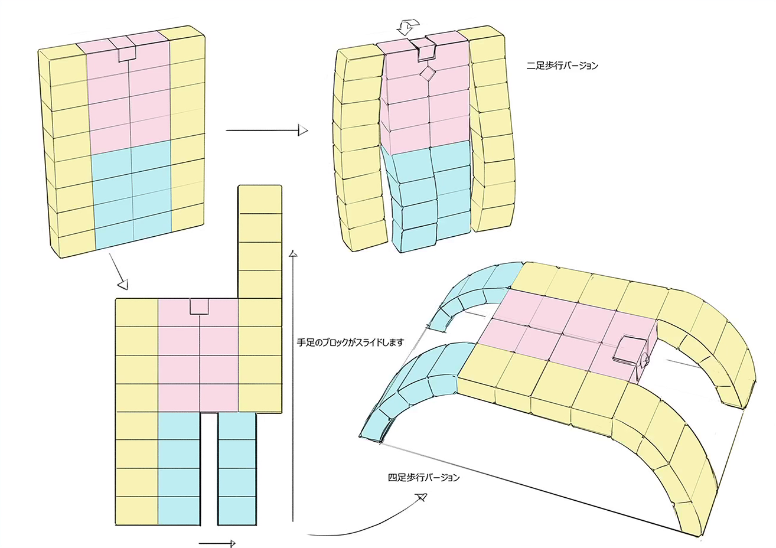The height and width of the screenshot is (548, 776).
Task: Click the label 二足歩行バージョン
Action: point(562,66)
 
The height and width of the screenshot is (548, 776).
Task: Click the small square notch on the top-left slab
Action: point(127,53)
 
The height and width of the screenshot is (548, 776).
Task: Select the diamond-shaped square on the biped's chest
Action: point(427,74)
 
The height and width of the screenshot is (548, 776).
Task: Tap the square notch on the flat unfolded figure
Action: point(200,306)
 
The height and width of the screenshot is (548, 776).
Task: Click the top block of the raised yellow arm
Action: point(260,200)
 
